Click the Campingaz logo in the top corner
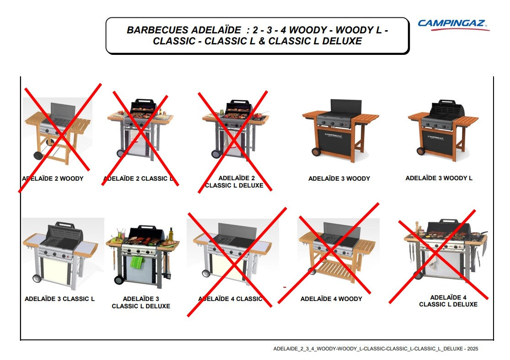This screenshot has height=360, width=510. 452,24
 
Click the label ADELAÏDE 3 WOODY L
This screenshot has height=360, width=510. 439,178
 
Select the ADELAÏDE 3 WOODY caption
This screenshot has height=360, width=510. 339,178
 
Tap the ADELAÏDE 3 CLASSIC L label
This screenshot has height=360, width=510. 59,299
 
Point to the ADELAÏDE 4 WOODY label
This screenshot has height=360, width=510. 331,299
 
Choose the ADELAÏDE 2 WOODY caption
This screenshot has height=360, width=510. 53,178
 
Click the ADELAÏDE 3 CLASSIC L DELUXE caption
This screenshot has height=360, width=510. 141,302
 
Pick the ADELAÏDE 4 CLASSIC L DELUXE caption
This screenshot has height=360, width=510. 448,301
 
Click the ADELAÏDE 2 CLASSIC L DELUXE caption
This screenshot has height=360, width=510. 234,182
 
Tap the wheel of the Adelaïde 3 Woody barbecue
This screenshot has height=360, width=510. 316,152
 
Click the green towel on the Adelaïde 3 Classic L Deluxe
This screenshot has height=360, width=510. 137,262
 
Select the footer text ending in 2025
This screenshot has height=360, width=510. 376,349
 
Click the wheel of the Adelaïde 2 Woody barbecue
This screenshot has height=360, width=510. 39,155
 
